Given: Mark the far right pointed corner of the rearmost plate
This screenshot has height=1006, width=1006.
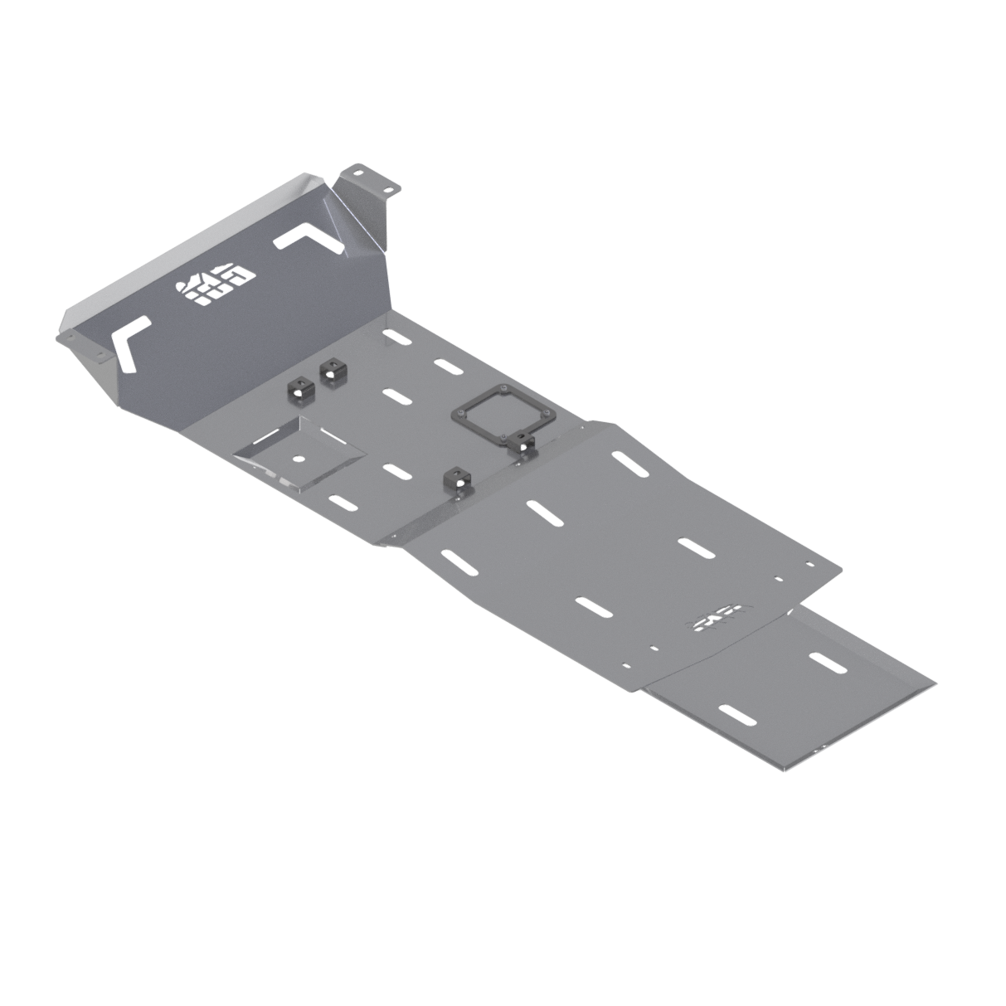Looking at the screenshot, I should tap(935, 685).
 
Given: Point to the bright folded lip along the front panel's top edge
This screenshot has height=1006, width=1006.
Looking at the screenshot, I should tap(191, 241).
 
